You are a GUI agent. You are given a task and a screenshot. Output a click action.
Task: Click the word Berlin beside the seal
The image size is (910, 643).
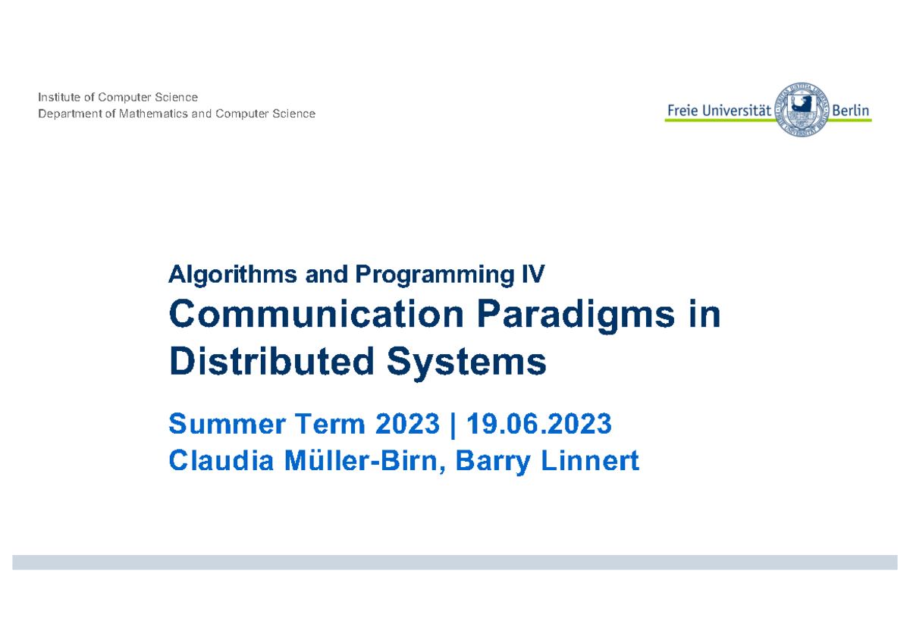(850, 111)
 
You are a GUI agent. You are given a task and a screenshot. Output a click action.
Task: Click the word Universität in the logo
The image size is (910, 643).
(736, 111)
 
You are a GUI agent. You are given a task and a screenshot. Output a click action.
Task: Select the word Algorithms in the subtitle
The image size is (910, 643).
(233, 275)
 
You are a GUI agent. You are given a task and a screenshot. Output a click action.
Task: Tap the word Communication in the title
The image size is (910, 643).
(316, 314)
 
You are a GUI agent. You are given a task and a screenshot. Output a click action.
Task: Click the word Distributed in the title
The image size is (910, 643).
(271, 361)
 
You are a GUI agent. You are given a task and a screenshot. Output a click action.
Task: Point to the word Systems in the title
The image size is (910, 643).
(466, 363)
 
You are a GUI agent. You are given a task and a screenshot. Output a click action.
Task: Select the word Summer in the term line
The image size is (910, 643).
(227, 424)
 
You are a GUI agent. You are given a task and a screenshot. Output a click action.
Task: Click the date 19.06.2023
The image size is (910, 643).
(538, 424)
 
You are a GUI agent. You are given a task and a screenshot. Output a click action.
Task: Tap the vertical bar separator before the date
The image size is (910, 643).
(453, 425)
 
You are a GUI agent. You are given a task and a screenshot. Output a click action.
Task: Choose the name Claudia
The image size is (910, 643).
(221, 460)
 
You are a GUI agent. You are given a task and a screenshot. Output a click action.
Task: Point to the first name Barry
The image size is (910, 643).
(493, 463)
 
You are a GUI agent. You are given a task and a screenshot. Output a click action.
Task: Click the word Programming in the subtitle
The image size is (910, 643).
(435, 275)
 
